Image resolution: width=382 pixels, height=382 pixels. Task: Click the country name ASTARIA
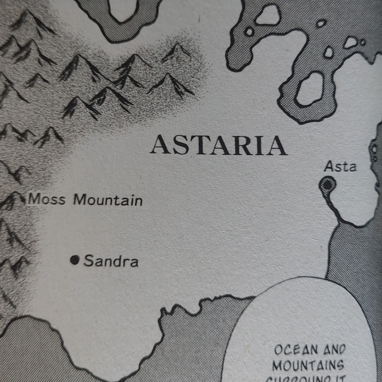point(218,146)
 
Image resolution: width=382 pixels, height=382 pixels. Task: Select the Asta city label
point(340,167)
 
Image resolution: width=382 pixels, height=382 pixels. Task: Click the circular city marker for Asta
point(327,185)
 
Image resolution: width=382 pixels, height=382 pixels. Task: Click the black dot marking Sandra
point(75,260)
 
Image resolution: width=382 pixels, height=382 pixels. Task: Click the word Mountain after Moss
point(108,200)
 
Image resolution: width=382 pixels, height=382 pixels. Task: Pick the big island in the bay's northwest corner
point(268,15)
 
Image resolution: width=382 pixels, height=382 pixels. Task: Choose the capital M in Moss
point(35,199)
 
